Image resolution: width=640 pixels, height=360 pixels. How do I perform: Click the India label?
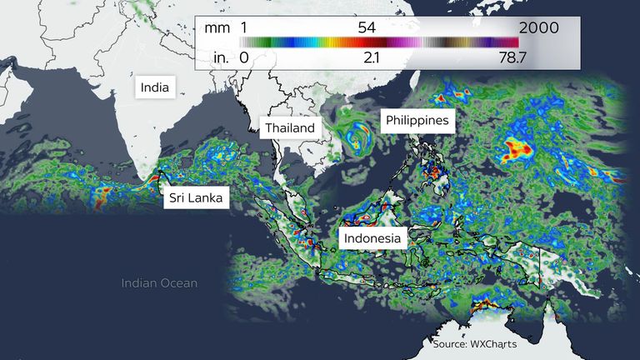[155, 86]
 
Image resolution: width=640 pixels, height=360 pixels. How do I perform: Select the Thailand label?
[290, 127]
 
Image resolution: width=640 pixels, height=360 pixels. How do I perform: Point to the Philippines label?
[417, 120]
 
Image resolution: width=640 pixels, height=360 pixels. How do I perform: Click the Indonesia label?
[372, 238]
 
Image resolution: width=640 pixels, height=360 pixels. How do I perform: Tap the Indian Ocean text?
[159, 283]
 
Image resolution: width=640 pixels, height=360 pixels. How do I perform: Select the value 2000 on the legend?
[538, 27]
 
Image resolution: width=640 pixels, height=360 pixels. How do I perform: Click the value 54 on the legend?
[367, 27]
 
